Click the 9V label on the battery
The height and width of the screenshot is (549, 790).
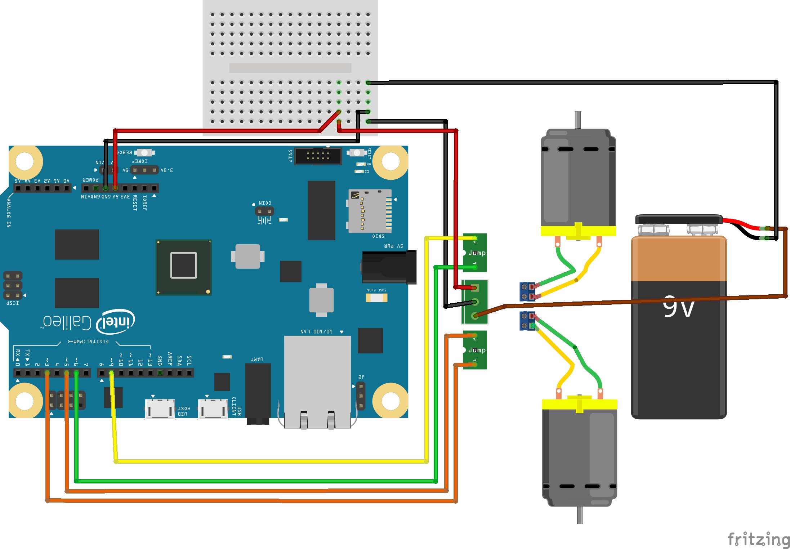678,307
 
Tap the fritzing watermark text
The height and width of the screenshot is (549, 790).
758,539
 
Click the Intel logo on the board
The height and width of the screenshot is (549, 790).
115,321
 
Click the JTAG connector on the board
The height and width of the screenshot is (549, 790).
318,156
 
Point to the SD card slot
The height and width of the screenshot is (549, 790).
370,211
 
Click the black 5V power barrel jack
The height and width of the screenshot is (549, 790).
389,267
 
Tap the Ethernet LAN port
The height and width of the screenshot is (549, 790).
317,382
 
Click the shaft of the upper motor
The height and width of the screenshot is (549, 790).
578,120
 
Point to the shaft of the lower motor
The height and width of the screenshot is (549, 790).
580,515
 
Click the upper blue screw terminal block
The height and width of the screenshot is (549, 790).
527,292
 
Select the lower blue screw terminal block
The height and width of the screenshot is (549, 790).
527,321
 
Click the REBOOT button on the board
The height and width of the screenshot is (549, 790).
144,153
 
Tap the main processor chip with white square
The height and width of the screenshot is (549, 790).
183,267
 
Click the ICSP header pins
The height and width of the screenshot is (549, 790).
13,285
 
